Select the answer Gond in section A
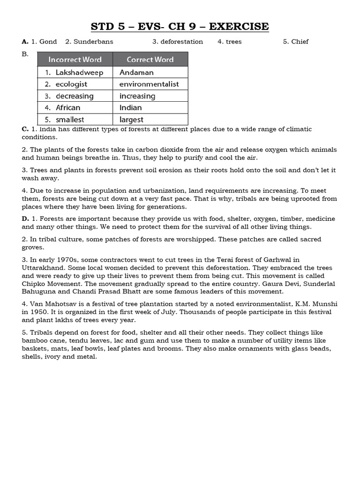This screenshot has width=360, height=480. coord(48,42)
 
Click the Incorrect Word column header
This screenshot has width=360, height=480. coord(75,60)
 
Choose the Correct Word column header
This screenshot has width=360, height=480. coord(150,60)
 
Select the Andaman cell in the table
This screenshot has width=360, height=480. coord(136,72)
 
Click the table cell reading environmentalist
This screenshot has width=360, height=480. coord(149,84)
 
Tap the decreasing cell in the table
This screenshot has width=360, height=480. coord(75,96)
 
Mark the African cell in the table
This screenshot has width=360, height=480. coord(68,108)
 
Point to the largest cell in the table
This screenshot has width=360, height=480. coord(131,120)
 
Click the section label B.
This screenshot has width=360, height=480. coord(25,54)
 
